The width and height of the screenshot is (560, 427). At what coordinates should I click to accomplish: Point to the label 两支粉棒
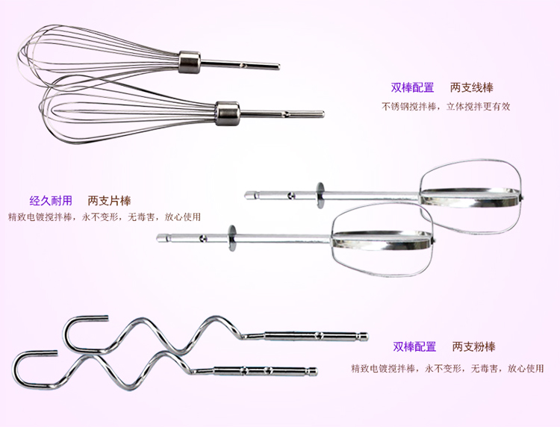[x=473, y=346]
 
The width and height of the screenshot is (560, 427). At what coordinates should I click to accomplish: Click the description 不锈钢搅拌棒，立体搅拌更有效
[x=446, y=106]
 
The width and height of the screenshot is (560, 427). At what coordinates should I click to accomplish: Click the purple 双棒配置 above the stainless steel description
[x=412, y=87]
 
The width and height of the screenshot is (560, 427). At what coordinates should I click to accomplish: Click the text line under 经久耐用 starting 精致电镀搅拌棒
[x=105, y=217]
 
